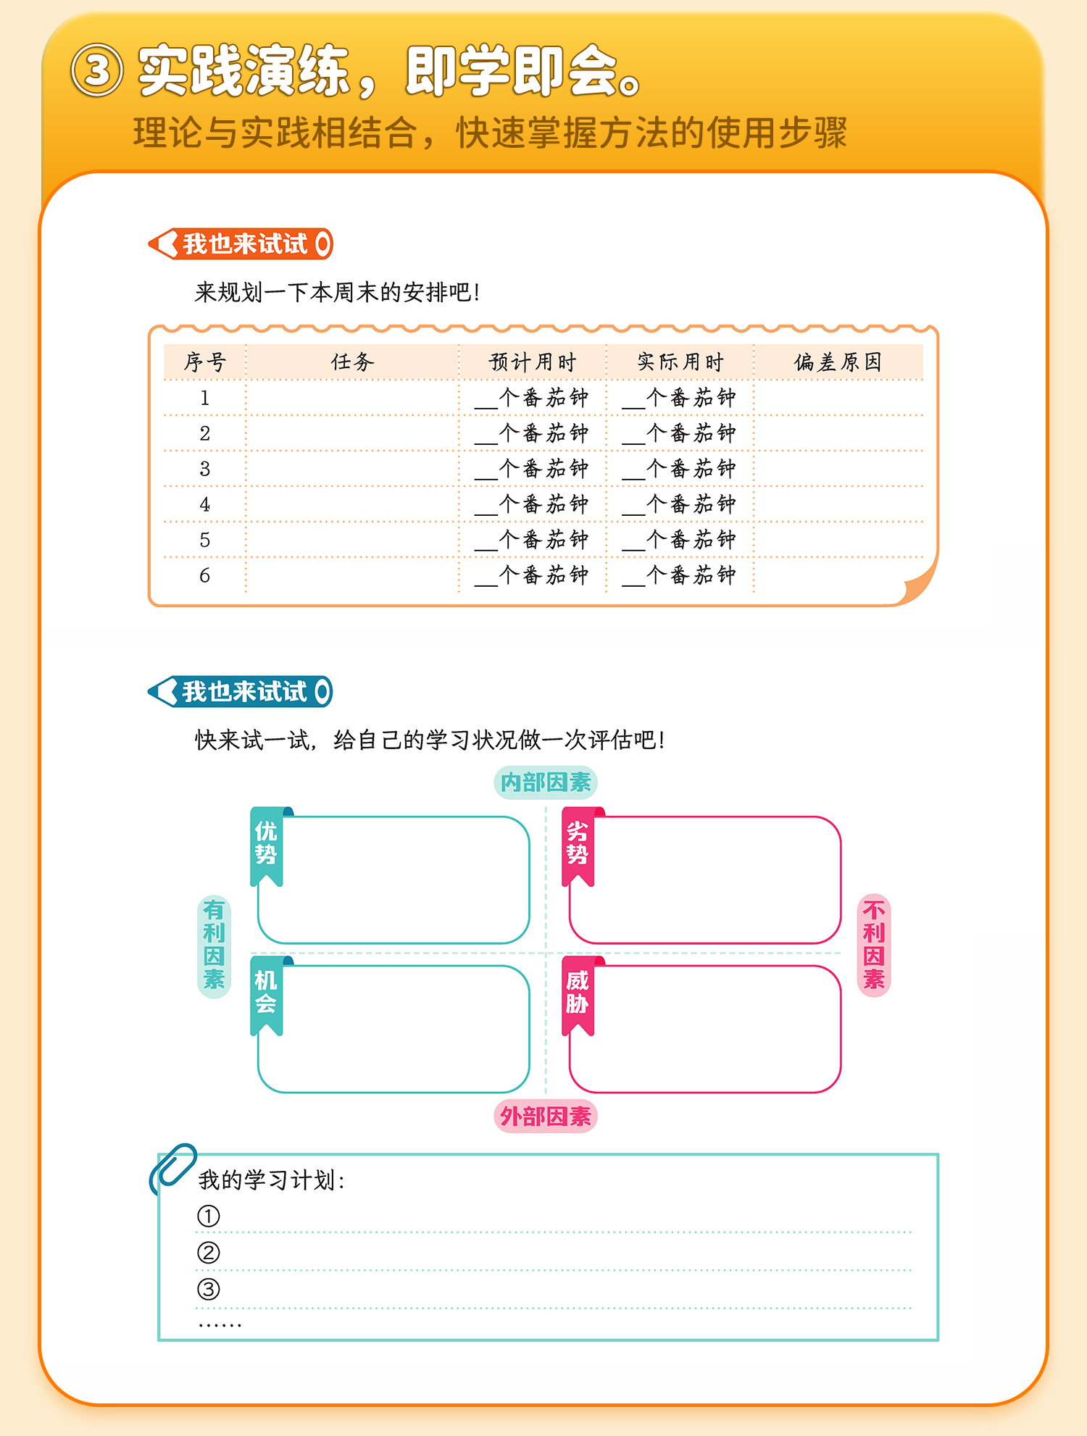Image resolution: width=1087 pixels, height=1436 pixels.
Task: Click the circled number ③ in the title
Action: coord(96,70)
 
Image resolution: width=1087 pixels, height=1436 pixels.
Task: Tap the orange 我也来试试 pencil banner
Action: coord(241,244)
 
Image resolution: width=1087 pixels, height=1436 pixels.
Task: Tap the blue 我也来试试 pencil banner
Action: coord(241,692)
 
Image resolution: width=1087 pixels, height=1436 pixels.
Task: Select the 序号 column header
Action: coord(205,362)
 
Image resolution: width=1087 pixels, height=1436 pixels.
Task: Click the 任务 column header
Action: coord(352,362)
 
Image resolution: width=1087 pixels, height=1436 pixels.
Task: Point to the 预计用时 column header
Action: coord(533,362)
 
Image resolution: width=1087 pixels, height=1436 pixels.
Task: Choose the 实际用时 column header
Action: coord(680,362)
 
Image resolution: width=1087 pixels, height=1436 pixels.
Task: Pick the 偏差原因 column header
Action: coord(838,362)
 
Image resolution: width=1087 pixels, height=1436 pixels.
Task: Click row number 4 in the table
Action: coord(205,504)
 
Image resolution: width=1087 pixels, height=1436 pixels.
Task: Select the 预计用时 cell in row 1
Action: coord(533,398)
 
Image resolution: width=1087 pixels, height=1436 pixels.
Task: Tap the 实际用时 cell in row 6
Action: coord(680,575)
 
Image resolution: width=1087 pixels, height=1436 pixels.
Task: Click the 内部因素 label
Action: coord(546,782)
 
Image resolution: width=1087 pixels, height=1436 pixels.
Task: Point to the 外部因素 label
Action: coord(546,1116)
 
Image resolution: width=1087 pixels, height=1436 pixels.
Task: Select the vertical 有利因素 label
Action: coord(214,945)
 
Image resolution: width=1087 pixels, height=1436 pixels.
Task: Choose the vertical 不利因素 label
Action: coord(874,945)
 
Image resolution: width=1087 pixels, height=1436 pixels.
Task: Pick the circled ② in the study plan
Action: coord(209,1252)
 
